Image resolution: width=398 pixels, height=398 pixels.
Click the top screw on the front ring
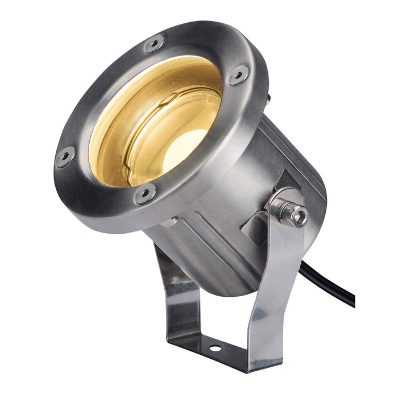point(154,44)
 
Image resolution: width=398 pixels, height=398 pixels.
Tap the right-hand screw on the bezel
point(238,75)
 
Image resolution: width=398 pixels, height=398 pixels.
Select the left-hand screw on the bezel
point(65,156)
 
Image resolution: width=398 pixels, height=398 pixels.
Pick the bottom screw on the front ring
point(145,194)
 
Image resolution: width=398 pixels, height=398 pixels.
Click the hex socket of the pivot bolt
point(300,215)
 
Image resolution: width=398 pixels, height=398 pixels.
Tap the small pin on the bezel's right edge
point(268,98)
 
